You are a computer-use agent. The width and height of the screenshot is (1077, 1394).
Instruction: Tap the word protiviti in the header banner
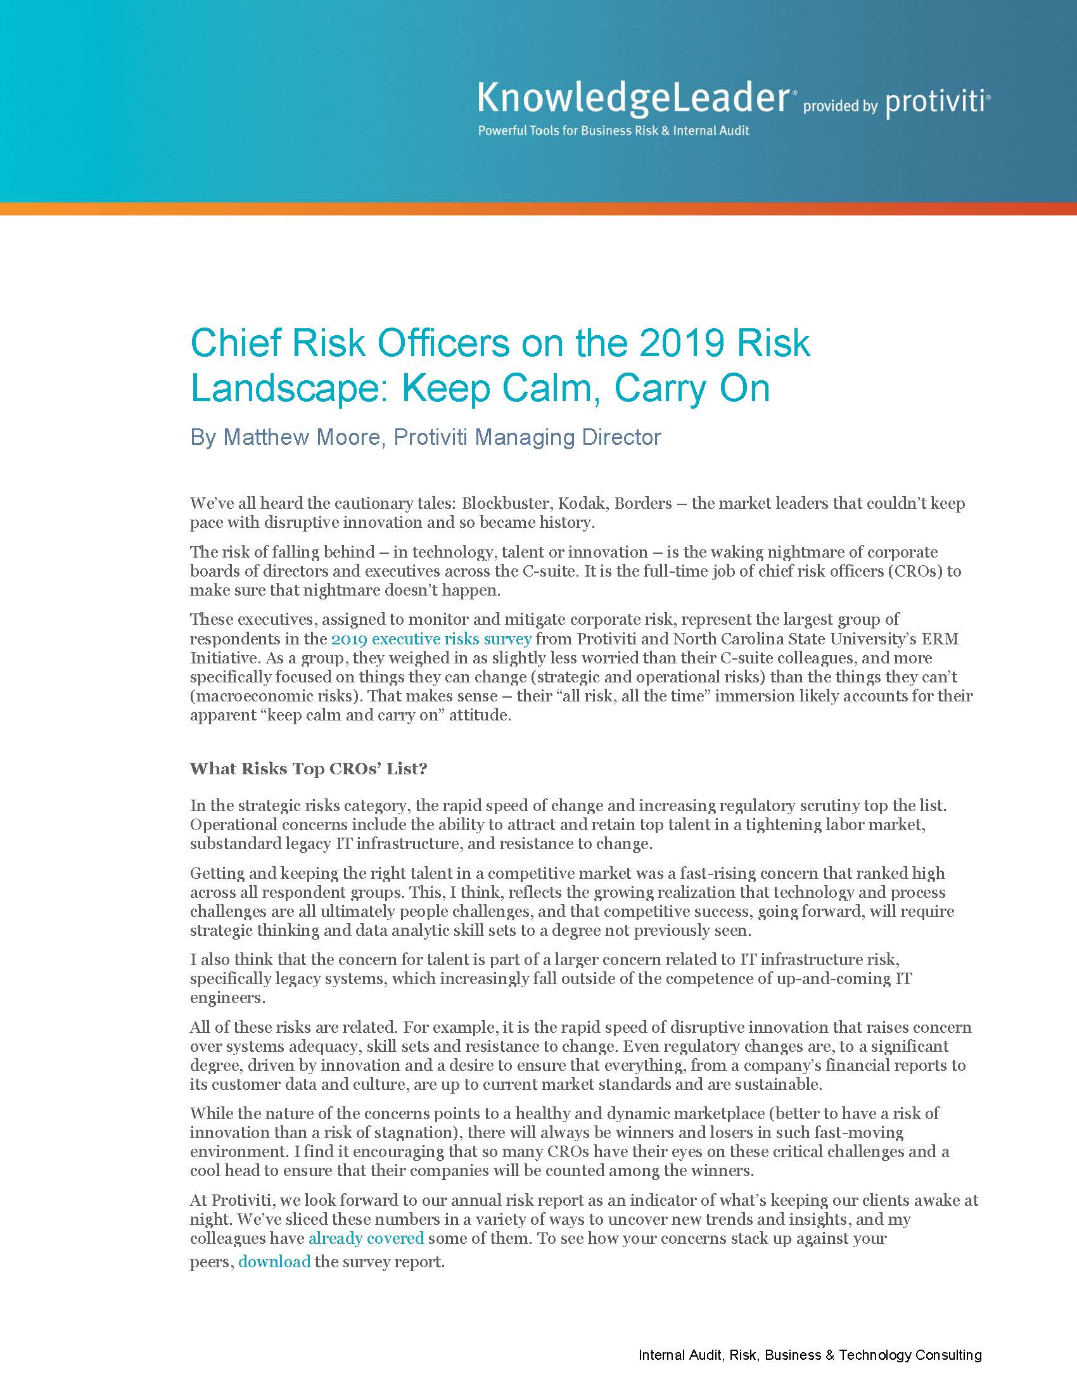click(936, 103)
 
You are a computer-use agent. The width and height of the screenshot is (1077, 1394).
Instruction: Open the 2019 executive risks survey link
click(431, 639)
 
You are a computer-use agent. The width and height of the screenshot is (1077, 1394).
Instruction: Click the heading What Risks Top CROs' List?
click(308, 769)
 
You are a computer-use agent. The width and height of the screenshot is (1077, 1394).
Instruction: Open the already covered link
click(366, 1238)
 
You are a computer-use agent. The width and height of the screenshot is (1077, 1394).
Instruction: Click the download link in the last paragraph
click(274, 1262)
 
